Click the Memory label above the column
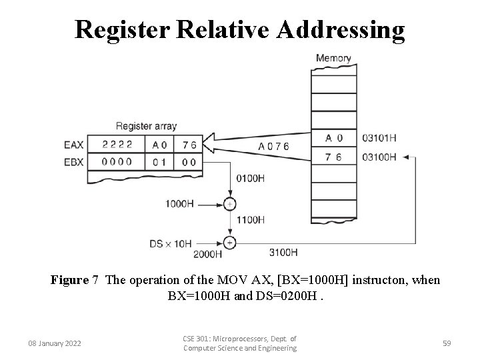pyautogui.click(x=333, y=58)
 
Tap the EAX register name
pyautogui.click(x=74, y=144)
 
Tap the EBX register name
pyautogui.click(x=74, y=161)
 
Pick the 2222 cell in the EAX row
pyautogui.click(x=117, y=144)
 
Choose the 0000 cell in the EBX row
pyautogui.click(x=117, y=161)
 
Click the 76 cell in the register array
pyautogui.click(x=189, y=144)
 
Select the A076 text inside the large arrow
pyautogui.click(x=274, y=146)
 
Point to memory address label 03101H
pyautogui.click(x=379, y=139)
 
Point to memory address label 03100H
pyautogui.click(x=379, y=157)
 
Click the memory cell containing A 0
pyautogui.click(x=334, y=139)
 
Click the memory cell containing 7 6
pyautogui.click(x=334, y=157)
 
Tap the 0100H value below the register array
pyautogui.click(x=251, y=179)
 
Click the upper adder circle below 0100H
pyautogui.click(x=230, y=203)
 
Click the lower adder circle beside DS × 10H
pyautogui.click(x=230, y=242)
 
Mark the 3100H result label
pyautogui.click(x=283, y=252)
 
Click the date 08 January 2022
pyautogui.click(x=55, y=343)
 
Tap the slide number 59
pyautogui.click(x=447, y=343)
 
